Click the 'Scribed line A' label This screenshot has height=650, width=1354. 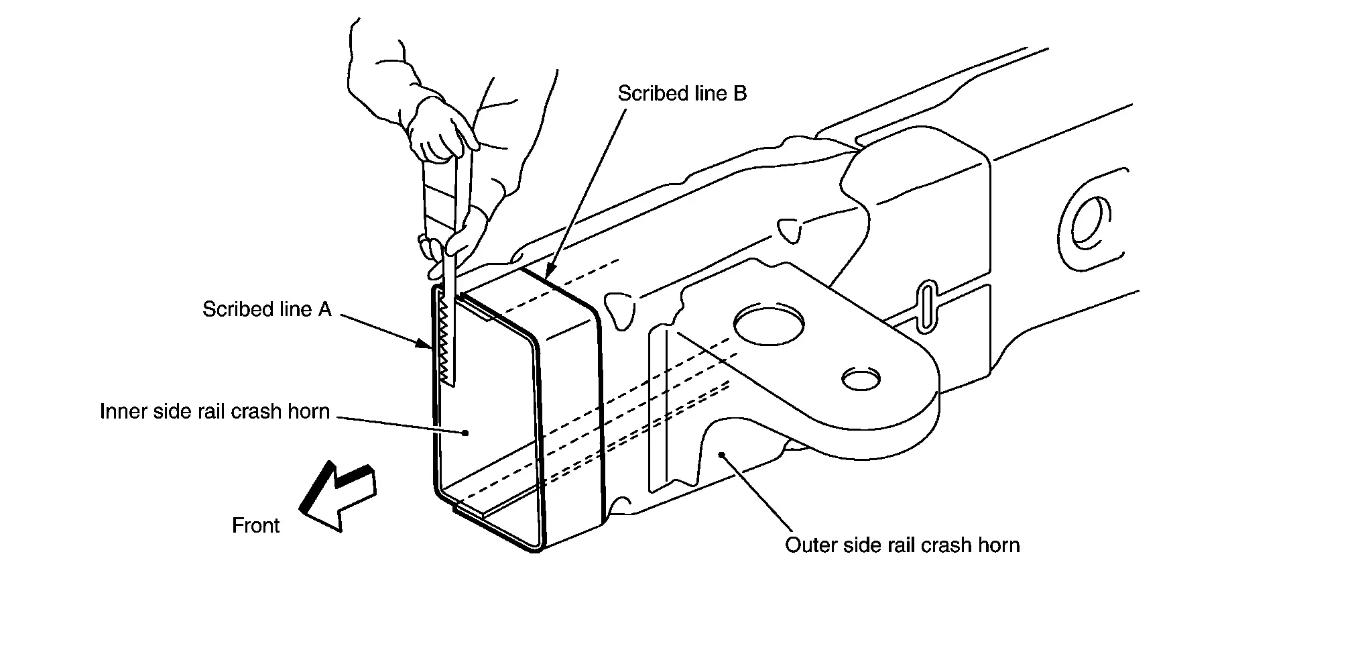[x=267, y=309]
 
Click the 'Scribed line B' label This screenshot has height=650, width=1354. [x=682, y=93]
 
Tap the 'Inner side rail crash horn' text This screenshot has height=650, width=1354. [x=214, y=411]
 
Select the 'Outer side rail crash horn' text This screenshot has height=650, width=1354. [x=902, y=545]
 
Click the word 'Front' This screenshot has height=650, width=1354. [x=255, y=525]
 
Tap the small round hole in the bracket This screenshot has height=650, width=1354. [x=861, y=379]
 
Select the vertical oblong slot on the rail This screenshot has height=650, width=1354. [x=925, y=307]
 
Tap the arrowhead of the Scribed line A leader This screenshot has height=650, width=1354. [x=424, y=344]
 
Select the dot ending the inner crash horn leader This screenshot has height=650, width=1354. [x=465, y=433]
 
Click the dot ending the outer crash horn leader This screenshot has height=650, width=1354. [x=721, y=455]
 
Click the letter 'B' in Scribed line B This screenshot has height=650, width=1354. [x=740, y=93]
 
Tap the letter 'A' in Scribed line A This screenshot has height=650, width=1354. [x=324, y=309]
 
